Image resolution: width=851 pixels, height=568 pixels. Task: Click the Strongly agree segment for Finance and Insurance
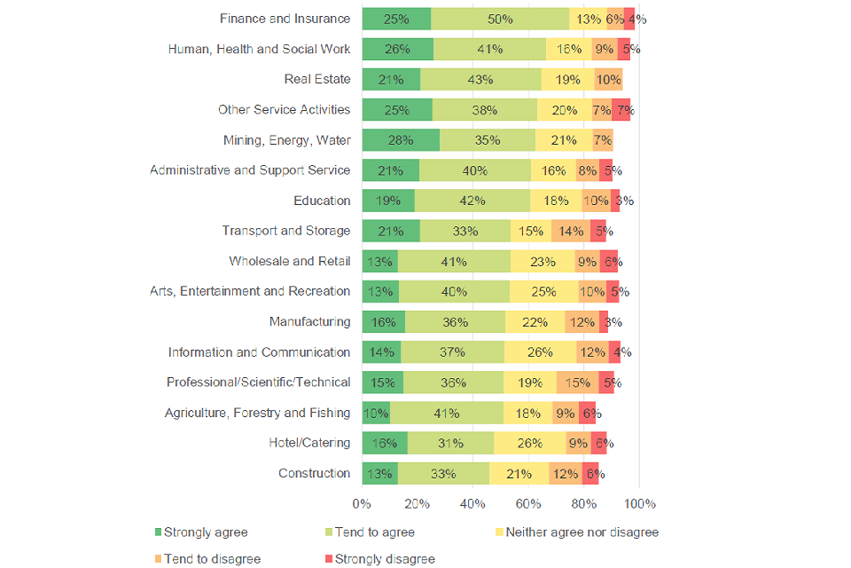coord(396,19)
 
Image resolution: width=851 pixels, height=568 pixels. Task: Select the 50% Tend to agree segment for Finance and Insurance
coord(500,19)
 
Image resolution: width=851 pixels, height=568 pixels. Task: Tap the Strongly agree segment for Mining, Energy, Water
coord(401,140)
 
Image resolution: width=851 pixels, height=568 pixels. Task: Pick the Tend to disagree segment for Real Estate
coord(608,79)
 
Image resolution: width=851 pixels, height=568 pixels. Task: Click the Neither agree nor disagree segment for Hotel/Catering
coord(530,443)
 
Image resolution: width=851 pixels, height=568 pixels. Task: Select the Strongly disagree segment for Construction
coord(590,473)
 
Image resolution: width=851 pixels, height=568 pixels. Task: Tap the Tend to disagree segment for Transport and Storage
coord(571,231)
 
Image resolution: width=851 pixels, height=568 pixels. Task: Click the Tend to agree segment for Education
coord(472,201)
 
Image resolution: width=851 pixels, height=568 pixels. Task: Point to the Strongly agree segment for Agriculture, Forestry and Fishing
coord(376,413)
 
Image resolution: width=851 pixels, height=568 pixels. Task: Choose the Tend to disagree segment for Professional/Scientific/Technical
coord(577,383)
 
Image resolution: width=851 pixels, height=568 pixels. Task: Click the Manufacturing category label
coord(309,321)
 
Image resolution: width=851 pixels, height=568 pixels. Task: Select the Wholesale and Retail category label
coord(289,261)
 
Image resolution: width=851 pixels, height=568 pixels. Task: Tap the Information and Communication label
coord(259,352)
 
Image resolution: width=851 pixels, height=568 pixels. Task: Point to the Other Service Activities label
coord(284,110)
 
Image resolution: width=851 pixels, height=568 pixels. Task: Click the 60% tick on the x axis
coord(528,504)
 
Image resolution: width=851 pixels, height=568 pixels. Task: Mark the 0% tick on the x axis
coord(362,504)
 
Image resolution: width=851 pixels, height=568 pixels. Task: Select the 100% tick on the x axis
coord(640,504)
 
